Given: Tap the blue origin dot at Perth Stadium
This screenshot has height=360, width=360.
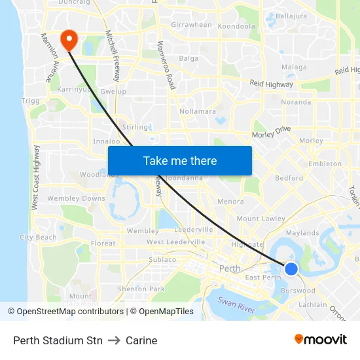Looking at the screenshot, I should [291, 268].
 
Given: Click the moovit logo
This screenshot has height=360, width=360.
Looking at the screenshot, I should [321, 340].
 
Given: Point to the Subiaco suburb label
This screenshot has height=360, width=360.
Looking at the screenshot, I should [162, 259].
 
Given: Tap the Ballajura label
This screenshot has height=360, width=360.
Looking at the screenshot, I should [291, 15].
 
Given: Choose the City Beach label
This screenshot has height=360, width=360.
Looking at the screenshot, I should [38, 237].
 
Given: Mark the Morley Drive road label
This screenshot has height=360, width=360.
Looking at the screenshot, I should [271, 133].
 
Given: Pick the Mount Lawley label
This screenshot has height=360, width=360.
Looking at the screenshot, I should [261, 219].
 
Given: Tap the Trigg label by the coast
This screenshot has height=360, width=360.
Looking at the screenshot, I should [30, 101].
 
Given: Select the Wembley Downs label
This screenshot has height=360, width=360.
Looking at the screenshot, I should [76, 198].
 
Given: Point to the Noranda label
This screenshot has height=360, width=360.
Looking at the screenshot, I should [296, 102].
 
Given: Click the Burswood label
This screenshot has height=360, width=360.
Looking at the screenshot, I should [298, 290].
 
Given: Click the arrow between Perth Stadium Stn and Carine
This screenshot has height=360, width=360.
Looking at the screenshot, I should [114, 340].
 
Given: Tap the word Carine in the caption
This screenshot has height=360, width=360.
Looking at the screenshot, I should [141, 340].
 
